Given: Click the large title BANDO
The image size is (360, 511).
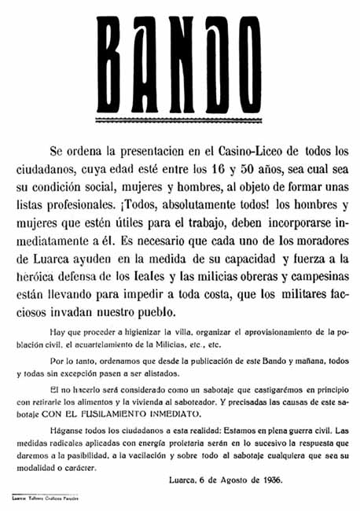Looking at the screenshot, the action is point(181,64).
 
